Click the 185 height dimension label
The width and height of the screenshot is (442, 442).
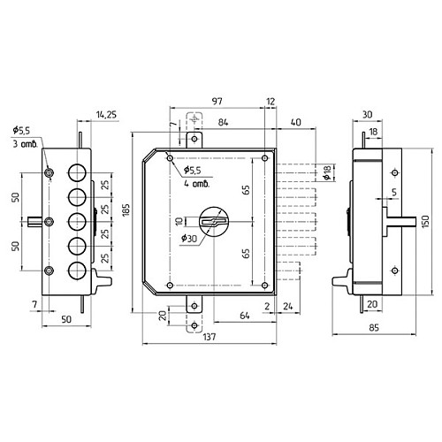click(x=126, y=210)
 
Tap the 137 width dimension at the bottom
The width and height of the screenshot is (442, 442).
click(x=210, y=337)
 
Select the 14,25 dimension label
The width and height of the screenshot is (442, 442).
click(x=106, y=114)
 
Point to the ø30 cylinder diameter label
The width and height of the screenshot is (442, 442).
click(x=189, y=238)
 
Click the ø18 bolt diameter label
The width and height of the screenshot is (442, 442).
click(x=327, y=172)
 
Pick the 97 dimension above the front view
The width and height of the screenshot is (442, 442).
click(x=217, y=101)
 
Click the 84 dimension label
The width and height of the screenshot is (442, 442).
click(x=223, y=122)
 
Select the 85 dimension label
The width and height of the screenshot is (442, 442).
click(x=374, y=327)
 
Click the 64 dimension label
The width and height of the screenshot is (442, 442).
click(x=245, y=316)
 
